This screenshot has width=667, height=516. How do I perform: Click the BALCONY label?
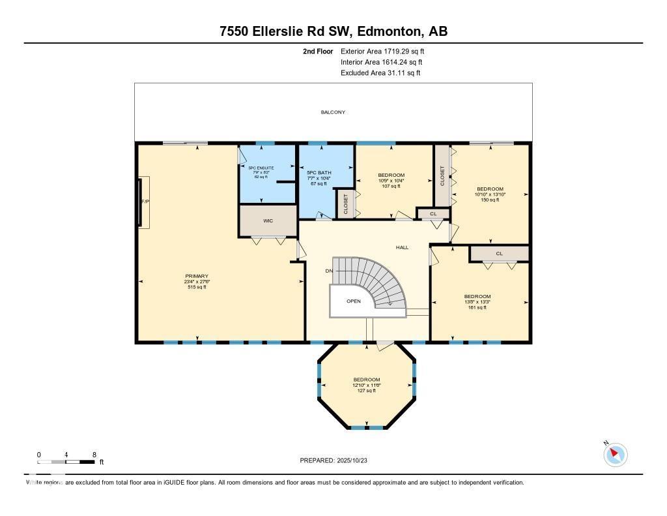pos(333,112)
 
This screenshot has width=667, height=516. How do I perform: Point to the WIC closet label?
pos(268,221)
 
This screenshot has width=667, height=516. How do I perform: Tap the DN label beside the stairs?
pos(330,271)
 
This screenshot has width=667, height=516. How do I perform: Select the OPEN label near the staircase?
pos(353,301)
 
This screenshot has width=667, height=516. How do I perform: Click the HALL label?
pos(402,248)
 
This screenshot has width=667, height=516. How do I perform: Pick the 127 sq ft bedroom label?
pos(366,385)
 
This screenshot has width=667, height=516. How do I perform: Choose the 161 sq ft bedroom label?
pos(477,301)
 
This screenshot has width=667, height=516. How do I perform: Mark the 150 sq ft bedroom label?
pos(489,194)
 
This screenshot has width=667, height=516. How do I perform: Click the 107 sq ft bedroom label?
pos(391,181)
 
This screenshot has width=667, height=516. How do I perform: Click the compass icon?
pos(616,454)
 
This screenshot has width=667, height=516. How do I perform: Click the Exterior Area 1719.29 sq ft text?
pos(384,51)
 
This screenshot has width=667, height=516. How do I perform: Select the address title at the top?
pos(333,31)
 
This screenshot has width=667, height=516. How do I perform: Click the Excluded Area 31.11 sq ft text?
pos(380,73)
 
